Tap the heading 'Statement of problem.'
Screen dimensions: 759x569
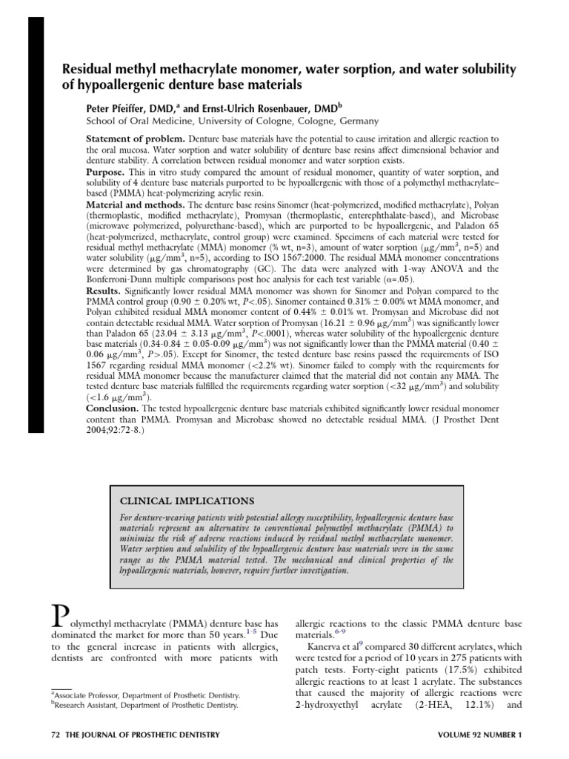124,139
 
